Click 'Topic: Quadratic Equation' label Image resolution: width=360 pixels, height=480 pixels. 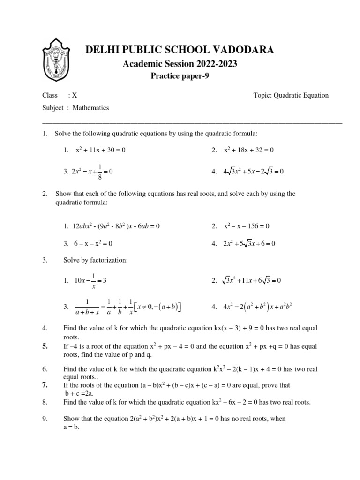pyautogui.click(x=291, y=95)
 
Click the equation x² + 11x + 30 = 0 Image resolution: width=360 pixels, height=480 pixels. pyautogui.click(x=101, y=150)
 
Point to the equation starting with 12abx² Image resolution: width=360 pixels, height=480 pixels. pyautogui.click(x=112, y=226)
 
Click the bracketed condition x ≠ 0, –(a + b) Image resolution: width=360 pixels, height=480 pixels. pyautogui.click(x=157, y=307)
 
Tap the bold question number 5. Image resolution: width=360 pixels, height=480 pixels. pyautogui.click(x=45, y=346)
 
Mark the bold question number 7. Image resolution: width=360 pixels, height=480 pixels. pyautogui.click(x=45, y=385)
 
